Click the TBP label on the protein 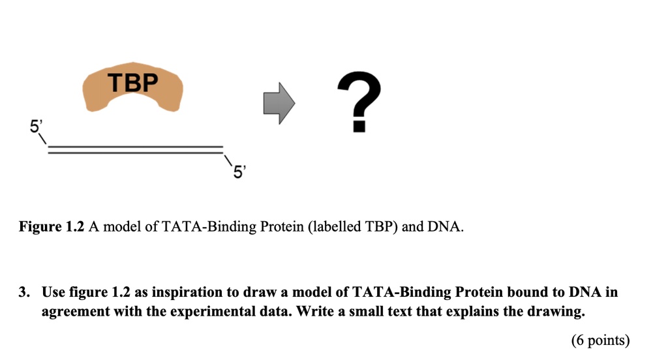point(132,83)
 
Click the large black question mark point(357,102)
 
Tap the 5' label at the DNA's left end point(36,127)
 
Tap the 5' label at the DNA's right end point(239,172)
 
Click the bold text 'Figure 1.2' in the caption point(50,227)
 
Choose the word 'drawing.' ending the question point(558,312)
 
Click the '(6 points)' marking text point(600,340)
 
